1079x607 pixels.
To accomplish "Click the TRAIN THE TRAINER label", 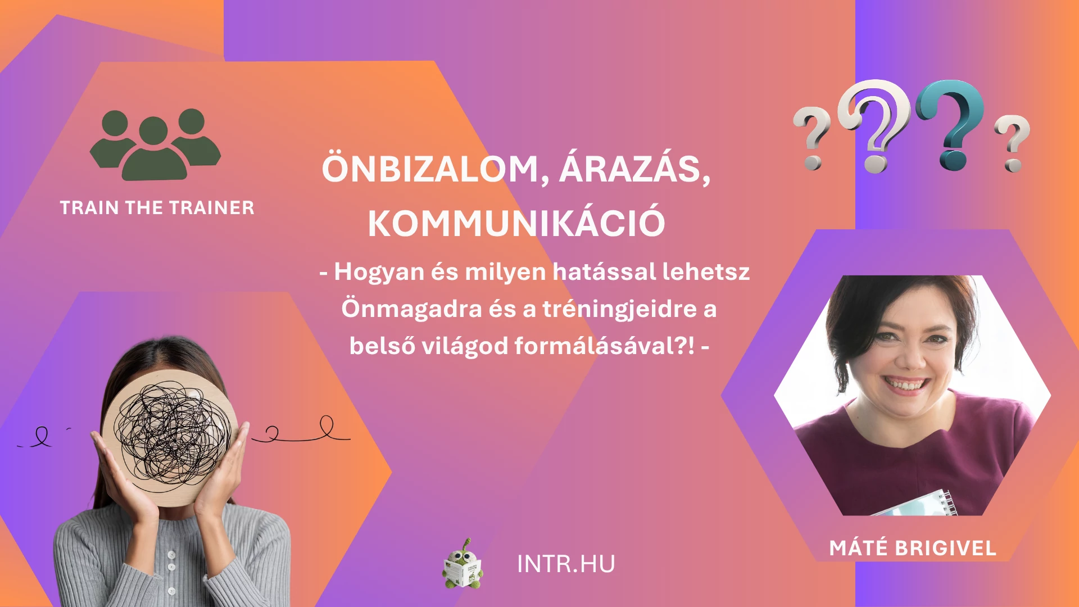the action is (x=157, y=207).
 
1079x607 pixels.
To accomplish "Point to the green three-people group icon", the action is (x=155, y=144).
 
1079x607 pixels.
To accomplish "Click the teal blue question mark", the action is (x=951, y=124).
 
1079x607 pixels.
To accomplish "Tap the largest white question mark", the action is (x=874, y=125).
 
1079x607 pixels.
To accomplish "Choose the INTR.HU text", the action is (x=566, y=564).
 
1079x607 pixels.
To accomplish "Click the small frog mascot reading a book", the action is (x=463, y=564).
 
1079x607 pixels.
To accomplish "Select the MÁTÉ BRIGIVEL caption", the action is (x=913, y=547).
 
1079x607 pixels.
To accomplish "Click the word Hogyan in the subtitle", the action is (x=379, y=272).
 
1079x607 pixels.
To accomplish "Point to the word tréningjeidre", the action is (x=620, y=309).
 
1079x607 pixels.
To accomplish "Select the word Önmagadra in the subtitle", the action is (x=411, y=309).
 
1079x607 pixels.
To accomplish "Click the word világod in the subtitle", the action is (x=465, y=346).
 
